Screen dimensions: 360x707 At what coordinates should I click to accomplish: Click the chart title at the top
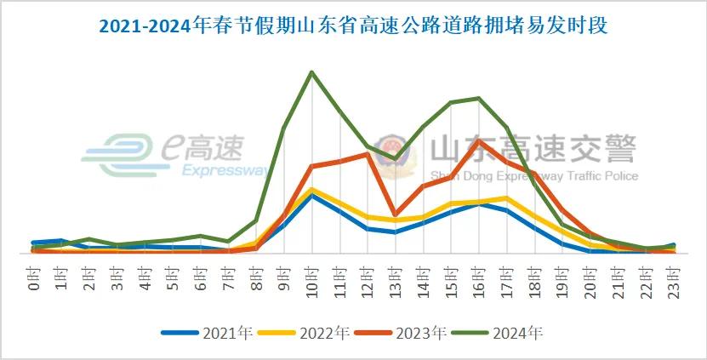353,26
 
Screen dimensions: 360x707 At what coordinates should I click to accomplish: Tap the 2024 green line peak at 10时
312,72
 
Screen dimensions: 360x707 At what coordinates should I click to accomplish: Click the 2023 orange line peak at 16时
479,141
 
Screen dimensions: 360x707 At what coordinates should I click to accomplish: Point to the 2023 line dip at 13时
396,214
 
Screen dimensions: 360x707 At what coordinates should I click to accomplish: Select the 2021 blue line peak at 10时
312,196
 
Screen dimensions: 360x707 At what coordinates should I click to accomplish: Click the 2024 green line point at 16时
479,98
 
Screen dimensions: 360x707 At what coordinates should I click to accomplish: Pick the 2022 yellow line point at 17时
507,198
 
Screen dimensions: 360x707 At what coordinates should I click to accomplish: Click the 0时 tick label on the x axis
33,277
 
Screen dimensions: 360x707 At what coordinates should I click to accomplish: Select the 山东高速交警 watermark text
533,151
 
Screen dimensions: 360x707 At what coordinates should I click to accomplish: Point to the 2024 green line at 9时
284,129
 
